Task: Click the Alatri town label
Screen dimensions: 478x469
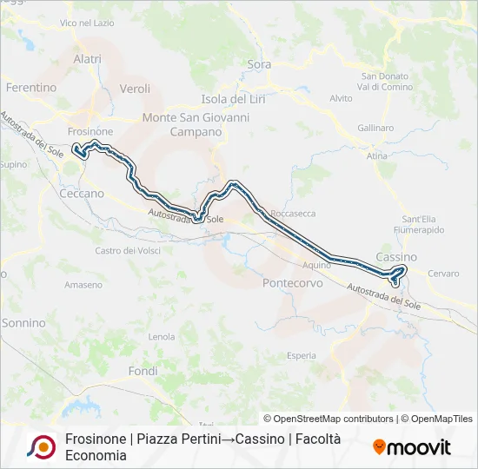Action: pos(88,59)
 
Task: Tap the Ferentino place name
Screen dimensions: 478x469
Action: pos(31,88)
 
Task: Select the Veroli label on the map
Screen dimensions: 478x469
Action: pos(135,89)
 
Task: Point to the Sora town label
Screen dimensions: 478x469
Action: pos(259,64)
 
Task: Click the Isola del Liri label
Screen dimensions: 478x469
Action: pos(233,99)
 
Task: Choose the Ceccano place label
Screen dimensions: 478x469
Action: pos(82,194)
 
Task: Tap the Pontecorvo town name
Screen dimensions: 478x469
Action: pos(292,283)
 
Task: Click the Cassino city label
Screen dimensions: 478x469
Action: pos(396,257)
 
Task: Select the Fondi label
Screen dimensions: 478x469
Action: pos(143,371)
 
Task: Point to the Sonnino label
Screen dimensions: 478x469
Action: pos(23,323)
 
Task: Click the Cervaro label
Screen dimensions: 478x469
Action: pos(443,274)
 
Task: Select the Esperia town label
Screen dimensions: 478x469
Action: pos(301,355)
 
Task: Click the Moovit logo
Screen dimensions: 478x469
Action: pos(412,447)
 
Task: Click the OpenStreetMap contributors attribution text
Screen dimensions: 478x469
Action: pos(329,419)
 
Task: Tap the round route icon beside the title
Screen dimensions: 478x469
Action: pos(41,446)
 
